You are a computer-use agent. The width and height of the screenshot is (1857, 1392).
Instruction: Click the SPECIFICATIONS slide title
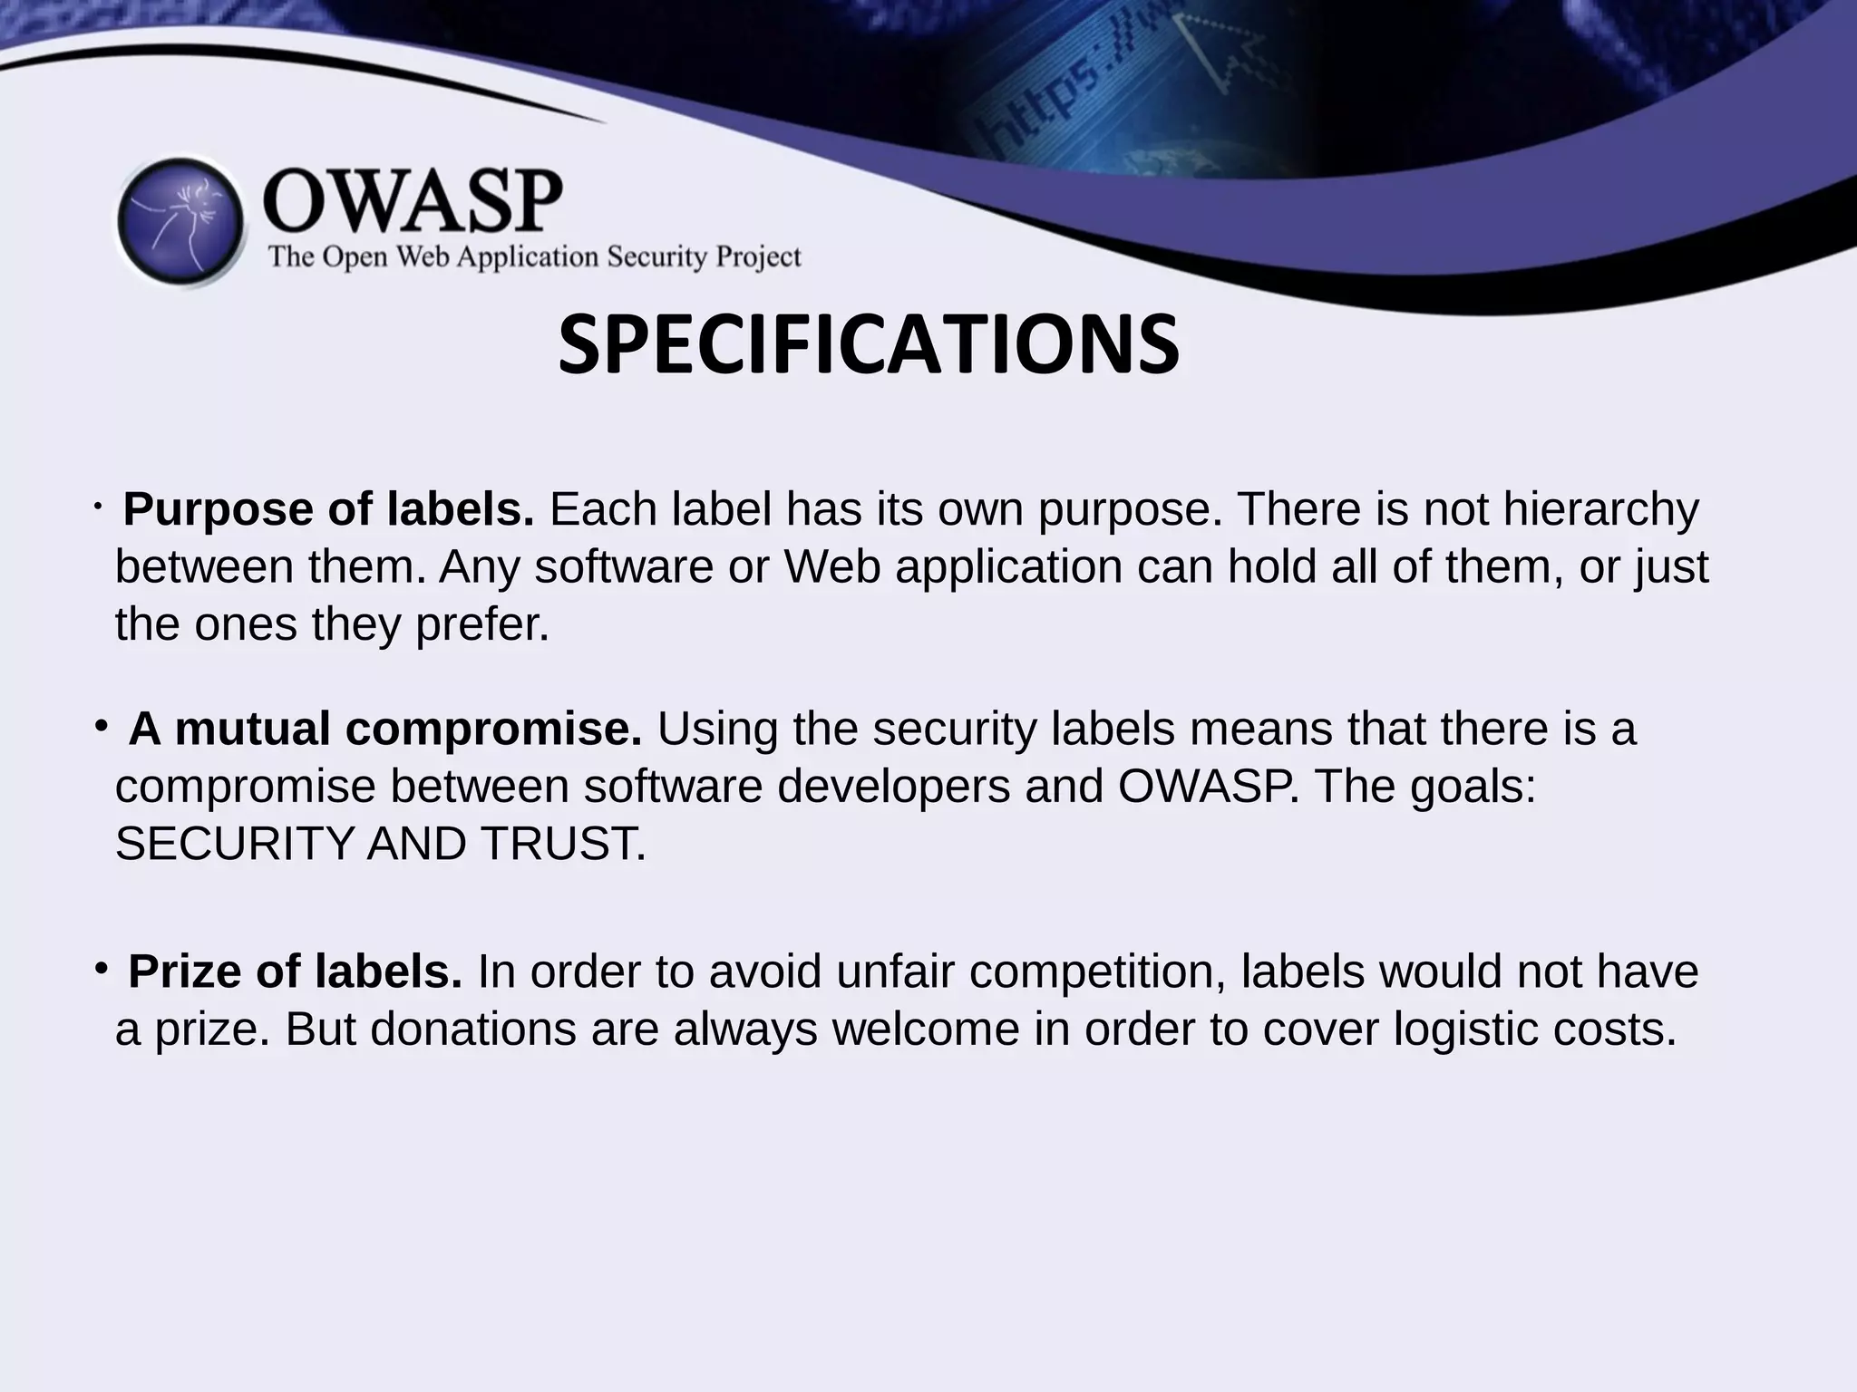tap(868, 345)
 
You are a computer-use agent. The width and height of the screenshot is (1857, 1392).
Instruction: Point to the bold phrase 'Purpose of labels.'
tap(328, 509)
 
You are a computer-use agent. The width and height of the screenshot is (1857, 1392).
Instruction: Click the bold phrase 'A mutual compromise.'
tap(385, 729)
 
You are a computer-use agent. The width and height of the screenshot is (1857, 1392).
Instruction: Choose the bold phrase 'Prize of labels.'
tap(295, 971)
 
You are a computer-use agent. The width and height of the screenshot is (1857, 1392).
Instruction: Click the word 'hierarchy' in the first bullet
tap(1600, 509)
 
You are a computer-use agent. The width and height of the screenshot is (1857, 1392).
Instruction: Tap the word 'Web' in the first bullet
tap(831, 567)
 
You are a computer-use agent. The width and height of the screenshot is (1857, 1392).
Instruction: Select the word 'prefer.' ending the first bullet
tap(482, 624)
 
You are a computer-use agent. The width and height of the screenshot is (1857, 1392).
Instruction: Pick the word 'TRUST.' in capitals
tap(563, 844)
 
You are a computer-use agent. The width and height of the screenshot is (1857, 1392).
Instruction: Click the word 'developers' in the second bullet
tap(893, 786)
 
